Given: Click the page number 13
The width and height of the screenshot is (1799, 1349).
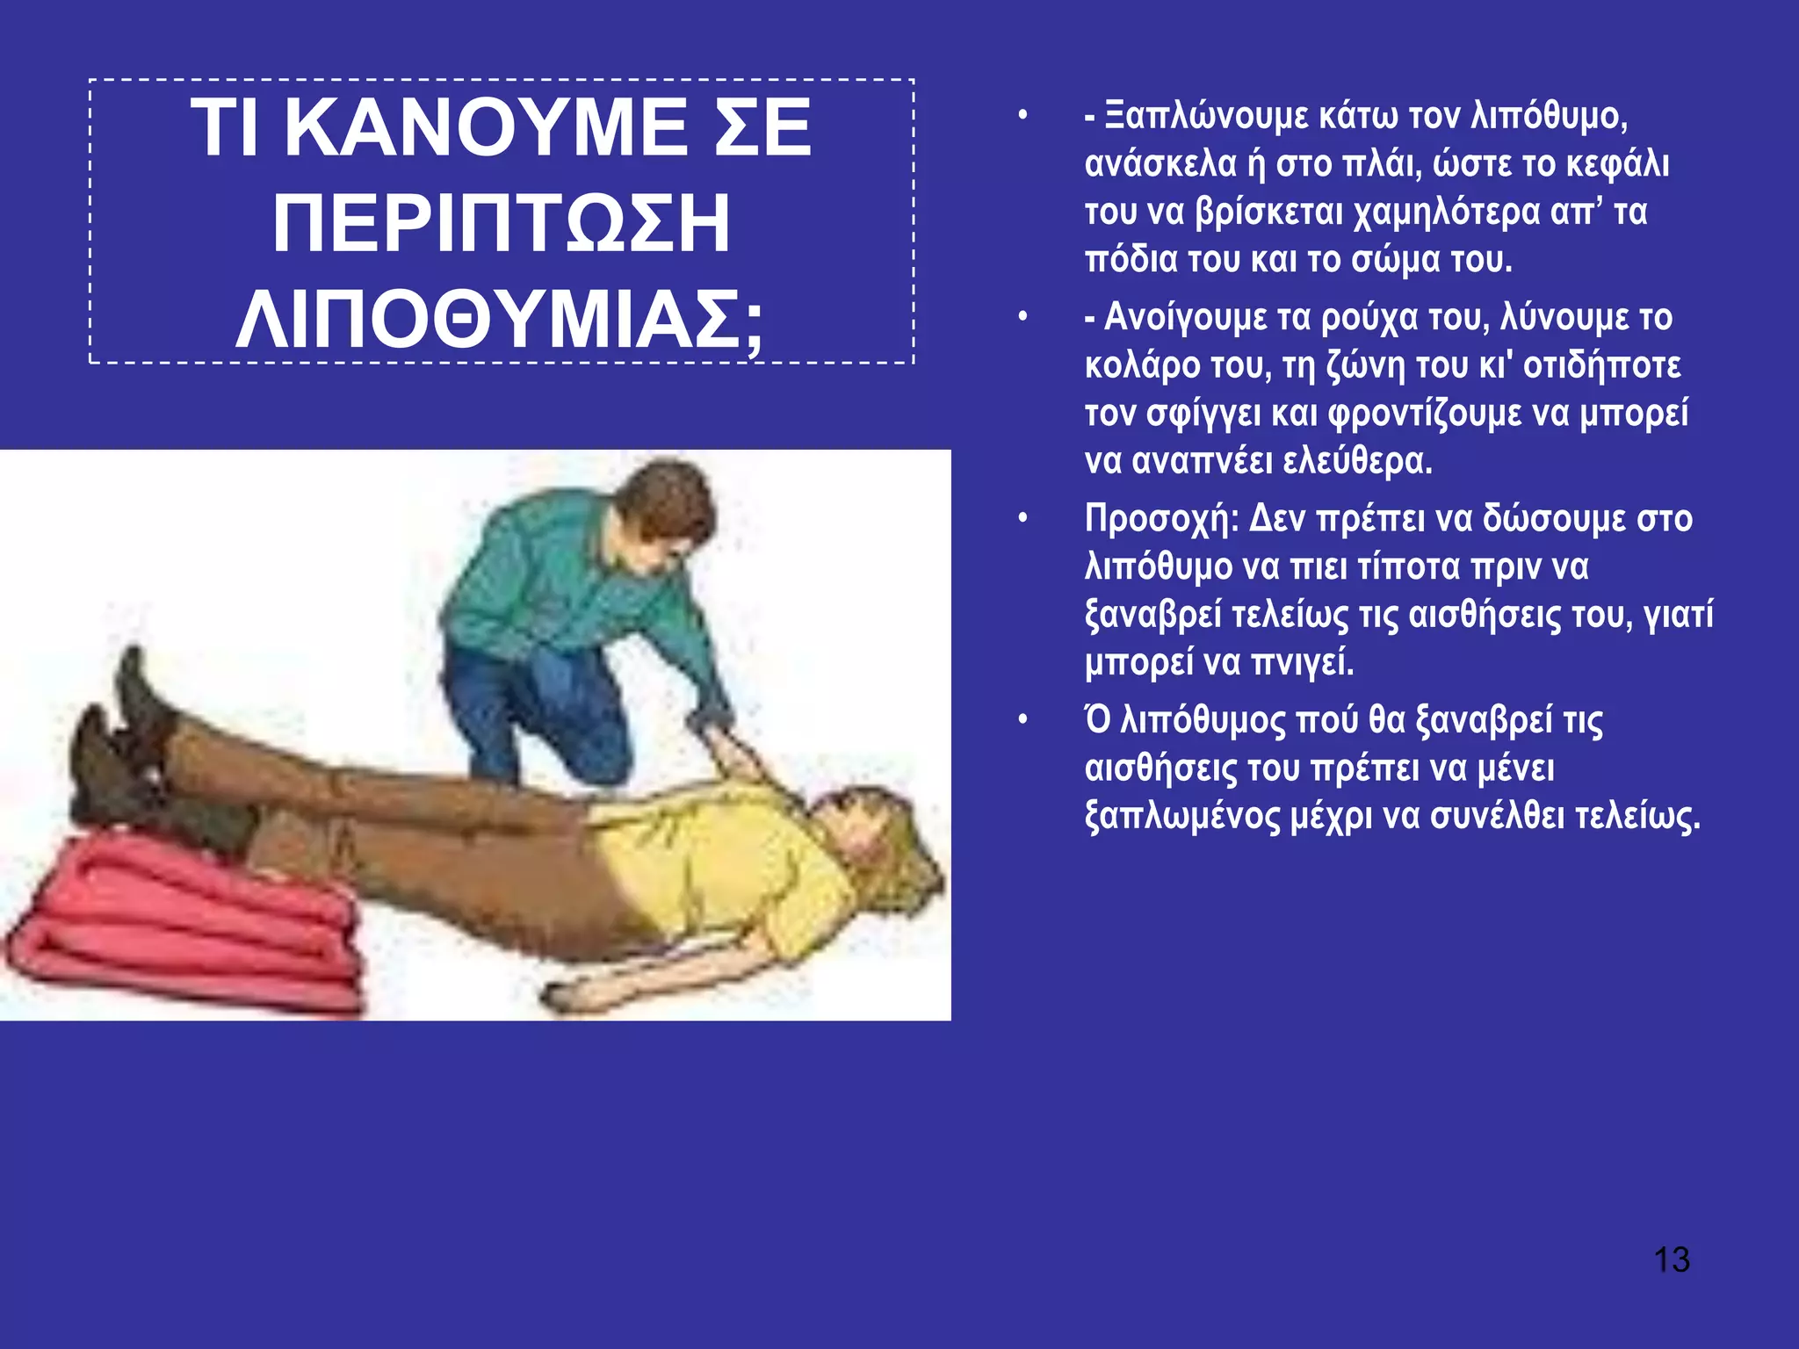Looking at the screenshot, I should click(1671, 1259).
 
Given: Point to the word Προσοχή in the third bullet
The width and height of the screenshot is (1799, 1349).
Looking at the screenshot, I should click(1160, 519).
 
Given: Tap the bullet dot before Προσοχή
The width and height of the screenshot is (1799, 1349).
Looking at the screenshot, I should click(1022, 519).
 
